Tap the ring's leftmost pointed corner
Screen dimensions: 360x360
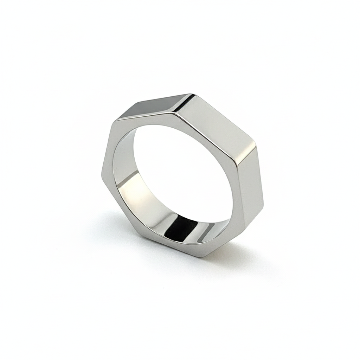(102, 172)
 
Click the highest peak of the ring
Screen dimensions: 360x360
(192, 94)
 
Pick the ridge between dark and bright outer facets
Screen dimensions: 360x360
(183, 103)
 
